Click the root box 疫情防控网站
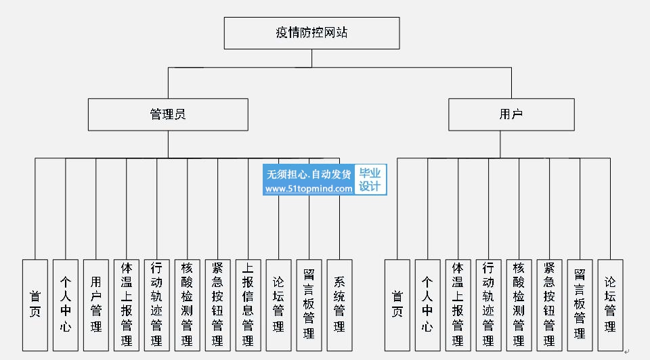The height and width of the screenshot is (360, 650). point(311,33)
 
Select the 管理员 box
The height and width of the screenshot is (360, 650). point(168,114)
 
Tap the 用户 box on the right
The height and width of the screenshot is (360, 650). point(511,114)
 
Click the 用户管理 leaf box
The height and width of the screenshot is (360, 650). point(95,305)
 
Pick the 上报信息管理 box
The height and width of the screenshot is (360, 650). point(248,305)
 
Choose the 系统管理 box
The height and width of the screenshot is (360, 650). point(339,305)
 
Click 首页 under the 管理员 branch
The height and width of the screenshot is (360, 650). point(35,305)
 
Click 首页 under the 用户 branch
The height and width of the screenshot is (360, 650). point(397,305)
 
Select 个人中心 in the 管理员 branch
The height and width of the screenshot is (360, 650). point(66,305)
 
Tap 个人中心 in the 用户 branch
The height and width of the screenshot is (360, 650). point(427,305)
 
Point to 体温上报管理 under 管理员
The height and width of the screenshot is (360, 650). point(127,305)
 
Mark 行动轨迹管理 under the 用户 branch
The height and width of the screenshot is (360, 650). point(488,305)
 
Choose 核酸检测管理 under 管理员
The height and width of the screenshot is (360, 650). point(187,305)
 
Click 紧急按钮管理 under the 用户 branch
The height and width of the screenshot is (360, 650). point(549,305)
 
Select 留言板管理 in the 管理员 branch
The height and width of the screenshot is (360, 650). point(309,305)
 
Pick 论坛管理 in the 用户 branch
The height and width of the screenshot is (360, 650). point(610,305)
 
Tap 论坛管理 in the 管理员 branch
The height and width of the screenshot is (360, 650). point(278,305)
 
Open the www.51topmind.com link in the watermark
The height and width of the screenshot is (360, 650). point(309,189)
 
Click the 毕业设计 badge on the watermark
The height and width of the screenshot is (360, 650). point(370,179)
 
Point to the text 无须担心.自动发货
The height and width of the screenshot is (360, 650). point(309,174)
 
